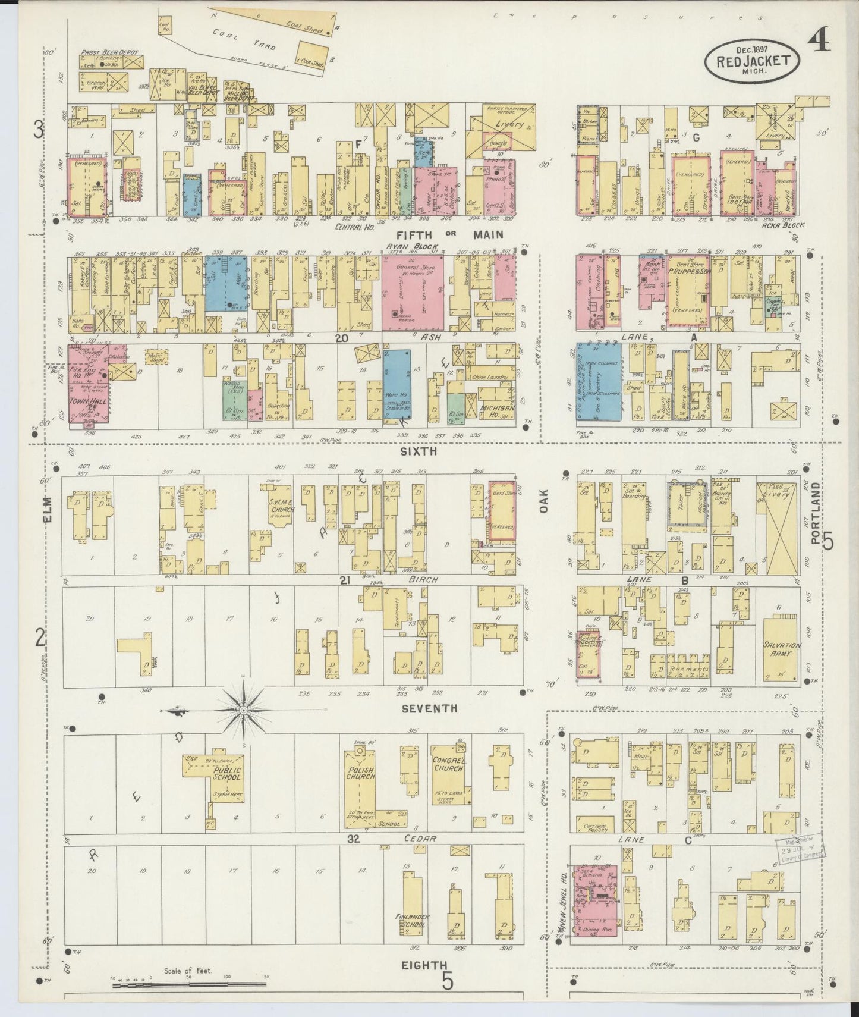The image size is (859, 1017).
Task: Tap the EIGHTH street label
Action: tap(424, 964)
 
